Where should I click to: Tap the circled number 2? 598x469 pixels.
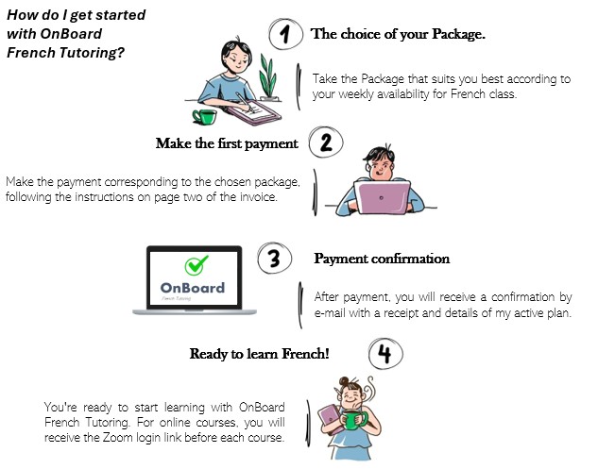tap(326, 144)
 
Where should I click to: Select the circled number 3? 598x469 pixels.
tap(274, 260)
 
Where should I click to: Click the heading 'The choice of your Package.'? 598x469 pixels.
tap(399, 35)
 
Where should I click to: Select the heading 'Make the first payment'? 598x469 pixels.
tap(227, 144)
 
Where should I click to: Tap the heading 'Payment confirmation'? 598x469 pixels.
tap(382, 259)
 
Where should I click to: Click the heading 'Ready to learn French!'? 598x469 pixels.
tap(260, 354)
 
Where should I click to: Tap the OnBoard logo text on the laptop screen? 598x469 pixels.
tap(194, 287)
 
